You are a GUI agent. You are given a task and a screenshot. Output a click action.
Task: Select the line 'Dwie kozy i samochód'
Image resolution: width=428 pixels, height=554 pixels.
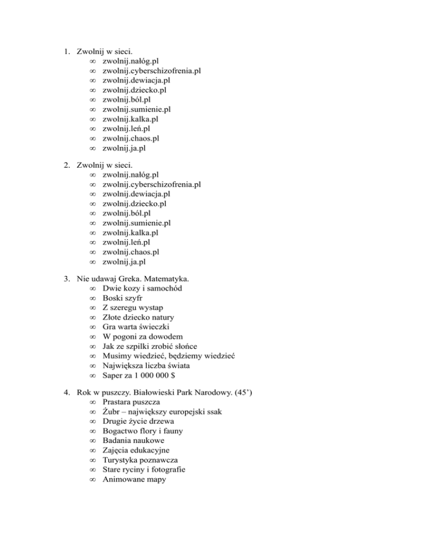point(142,288)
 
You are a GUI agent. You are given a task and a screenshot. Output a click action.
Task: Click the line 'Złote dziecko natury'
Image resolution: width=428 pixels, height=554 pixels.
point(138,317)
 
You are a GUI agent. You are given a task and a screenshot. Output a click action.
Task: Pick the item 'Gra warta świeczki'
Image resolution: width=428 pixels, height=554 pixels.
point(137,326)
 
